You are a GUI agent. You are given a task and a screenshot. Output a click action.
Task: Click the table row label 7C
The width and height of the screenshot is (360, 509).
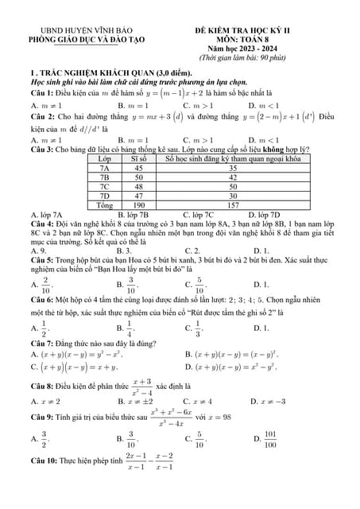point(103,187)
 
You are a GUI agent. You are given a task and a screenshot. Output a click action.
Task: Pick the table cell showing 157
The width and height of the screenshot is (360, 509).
point(233,205)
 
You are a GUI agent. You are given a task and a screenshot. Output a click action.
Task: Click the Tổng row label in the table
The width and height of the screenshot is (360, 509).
point(103,205)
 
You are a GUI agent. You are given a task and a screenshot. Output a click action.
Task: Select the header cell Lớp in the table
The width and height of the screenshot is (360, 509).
point(103,159)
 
